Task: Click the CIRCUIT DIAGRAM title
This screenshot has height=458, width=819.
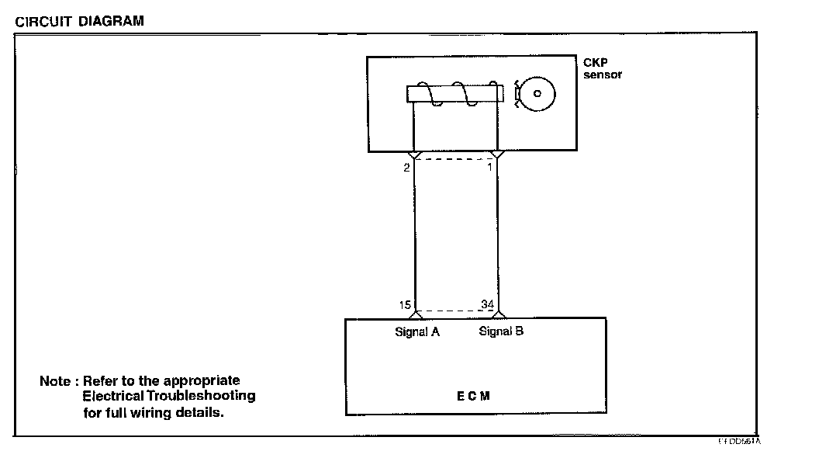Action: [x=79, y=21]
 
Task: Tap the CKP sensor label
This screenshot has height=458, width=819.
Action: [x=602, y=69]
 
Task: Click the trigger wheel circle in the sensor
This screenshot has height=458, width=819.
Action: [x=537, y=95]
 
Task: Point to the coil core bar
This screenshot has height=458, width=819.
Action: [x=451, y=95]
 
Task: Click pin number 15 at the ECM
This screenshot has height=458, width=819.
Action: [x=406, y=304]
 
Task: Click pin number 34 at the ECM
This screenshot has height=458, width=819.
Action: [x=487, y=304]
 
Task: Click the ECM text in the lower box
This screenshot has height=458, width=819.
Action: [x=474, y=396]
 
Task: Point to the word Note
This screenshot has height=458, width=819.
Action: [x=55, y=382]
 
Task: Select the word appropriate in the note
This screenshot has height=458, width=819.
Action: [x=204, y=382]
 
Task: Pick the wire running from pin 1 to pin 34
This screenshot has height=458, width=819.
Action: [x=497, y=233]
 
